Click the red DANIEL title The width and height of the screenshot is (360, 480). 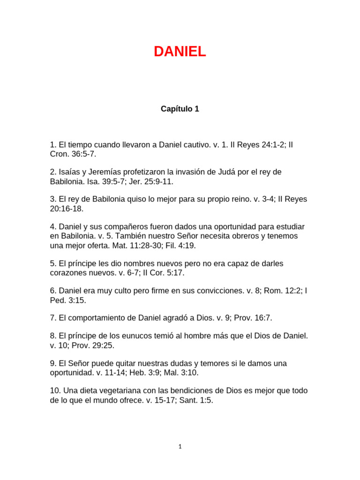(x=180, y=52)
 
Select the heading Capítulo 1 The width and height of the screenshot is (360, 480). (x=180, y=109)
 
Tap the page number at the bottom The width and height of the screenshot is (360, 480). (x=180, y=447)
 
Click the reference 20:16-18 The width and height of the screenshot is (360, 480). (x=67, y=209)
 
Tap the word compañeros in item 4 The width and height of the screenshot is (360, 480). (x=123, y=226)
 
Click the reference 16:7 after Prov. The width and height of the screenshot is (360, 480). (x=262, y=318)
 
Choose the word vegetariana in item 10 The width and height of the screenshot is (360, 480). (x=117, y=390)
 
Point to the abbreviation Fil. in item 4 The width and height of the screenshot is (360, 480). (x=166, y=245)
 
